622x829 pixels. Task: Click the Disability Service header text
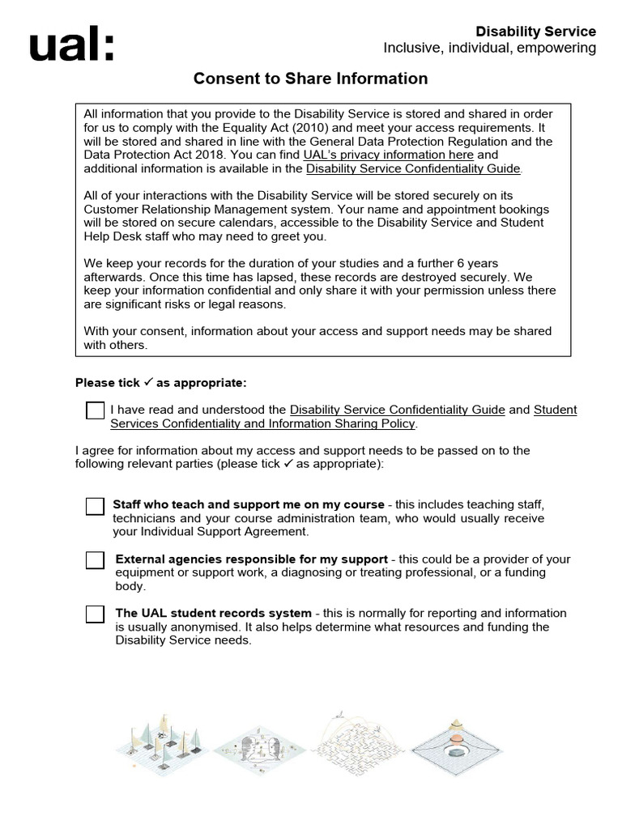(x=535, y=32)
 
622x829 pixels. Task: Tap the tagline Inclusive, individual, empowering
(x=489, y=49)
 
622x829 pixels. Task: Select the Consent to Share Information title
(x=310, y=79)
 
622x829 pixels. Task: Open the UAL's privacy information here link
(x=388, y=155)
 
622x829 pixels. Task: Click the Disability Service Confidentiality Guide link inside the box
(x=414, y=168)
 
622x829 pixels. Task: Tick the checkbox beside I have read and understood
(x=95, y=410)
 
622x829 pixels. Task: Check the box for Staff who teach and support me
(x=95, y=507)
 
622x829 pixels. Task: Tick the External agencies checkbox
(x=95, y=560)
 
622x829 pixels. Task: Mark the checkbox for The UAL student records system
(x=95, y=614)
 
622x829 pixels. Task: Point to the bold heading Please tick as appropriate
(x=160, y=383)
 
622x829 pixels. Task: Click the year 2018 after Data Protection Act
(x=205, y=155)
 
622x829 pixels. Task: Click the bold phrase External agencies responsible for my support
(x=252, y=559)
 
